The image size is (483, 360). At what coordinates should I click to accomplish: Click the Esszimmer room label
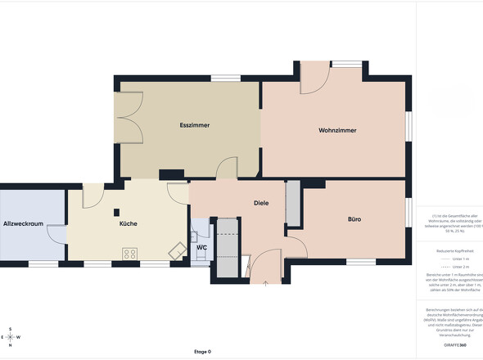click(195, 125)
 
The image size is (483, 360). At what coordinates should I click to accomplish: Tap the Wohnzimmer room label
click(337, 131)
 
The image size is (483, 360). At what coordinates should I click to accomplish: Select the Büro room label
click(354, 219)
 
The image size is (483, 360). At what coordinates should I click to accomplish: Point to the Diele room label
click(261, 203)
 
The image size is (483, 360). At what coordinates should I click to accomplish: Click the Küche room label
click(128, 223)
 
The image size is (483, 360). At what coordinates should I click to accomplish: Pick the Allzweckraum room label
click(23, 223)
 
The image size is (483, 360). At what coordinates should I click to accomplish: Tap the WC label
click(201, 247)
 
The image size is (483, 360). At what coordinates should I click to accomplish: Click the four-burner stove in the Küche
click(129, 254)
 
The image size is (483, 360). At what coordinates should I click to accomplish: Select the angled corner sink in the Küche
click(176, 251)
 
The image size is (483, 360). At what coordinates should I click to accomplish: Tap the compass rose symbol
click(10, 337)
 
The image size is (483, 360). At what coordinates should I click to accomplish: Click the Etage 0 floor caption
click(202, 352)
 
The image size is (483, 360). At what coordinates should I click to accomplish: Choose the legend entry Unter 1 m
click(455, 258)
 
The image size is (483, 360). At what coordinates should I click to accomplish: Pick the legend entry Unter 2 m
click(455, 267)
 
